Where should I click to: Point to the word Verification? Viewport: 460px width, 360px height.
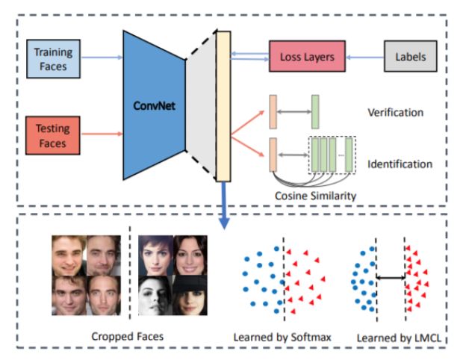pos(395,113)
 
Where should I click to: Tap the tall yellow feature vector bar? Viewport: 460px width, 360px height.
pos(221,105)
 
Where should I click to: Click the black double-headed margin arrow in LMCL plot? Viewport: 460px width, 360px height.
pos(388,277)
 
